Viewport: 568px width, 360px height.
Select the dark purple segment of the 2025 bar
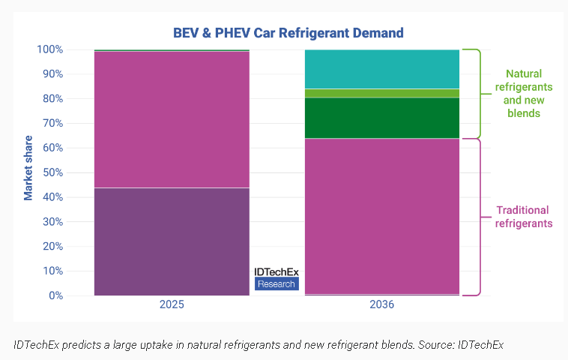tap(172, 241)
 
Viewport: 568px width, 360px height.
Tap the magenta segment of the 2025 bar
tap(172, 118)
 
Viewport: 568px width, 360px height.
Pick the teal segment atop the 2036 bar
tap(381, 69)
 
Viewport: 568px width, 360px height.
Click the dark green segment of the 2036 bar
tap(381, 118)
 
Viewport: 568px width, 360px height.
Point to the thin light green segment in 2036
tap(381, 93)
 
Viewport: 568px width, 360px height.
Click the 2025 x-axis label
tap(172, 306)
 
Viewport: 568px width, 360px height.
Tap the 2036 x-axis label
tap(381, 306)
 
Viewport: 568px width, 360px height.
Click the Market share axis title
tap(28, 168)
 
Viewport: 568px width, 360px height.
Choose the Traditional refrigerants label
tap(524, 216)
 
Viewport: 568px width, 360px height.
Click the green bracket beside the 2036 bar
tap(472, 93)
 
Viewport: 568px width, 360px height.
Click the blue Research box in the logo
tap(277, 284)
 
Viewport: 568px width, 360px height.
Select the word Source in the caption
tap(435, 344)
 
